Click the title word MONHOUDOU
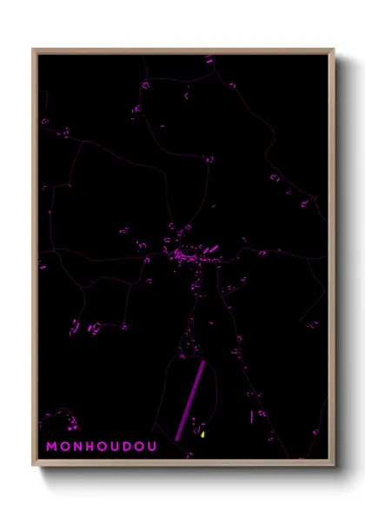tap(101, 447)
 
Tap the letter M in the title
tap(51, 447)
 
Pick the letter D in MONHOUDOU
tap(127, 447)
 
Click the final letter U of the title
tap(152, 447)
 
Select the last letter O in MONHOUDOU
tap(139, 447)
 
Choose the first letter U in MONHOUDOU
tap(114, 447)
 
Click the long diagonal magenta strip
tap(191, 400)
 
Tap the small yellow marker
tap(202, 434)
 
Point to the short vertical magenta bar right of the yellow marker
tap(251, 416)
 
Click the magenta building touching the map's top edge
tap(209, 58)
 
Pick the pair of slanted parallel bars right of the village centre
tap(211, 249)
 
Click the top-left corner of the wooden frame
tap(33, 50)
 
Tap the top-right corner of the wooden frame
tap(333, 50)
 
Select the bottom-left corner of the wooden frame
tap(33, 465)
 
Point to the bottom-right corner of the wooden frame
tap(333, 465)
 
